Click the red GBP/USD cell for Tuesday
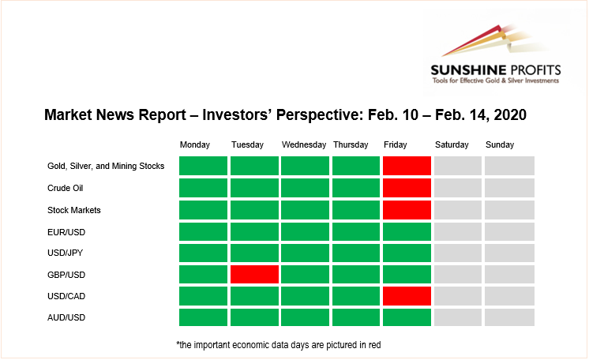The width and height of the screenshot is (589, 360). click(x=254, y=274)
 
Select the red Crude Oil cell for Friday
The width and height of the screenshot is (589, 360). click(x=407, y=188)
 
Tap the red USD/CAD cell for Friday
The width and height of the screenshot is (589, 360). click(x=407, y=296)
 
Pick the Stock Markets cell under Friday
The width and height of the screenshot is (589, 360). click(x=407, y=210)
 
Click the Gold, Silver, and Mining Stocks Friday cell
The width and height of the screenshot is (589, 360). click(x=407, y=166)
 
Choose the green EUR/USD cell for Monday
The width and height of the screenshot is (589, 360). click(x=203, y=232)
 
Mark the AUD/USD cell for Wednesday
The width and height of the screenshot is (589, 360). click(x=305, y=317)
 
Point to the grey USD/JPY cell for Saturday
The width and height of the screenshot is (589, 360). click(x=458, y=253)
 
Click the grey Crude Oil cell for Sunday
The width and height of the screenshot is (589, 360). click(x=509, y=188)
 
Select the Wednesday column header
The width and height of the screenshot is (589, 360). click(x=304, y=144)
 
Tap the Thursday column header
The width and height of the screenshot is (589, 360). click(x=351, y=144)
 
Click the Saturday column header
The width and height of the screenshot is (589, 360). click(x=452, y=144)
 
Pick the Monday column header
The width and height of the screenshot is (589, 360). click(x=194, y=144)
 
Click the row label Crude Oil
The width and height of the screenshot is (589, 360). click(x=65, y=188)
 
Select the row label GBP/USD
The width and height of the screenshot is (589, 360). click(x=66, y=275)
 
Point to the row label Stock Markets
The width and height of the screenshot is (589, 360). click(x=74, y=210)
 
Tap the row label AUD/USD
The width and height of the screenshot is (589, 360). click(x=66, y=317)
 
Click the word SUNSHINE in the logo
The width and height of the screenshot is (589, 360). click(x=468, y=70)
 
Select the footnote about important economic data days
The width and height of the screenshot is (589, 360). click(x=279, y=344)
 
